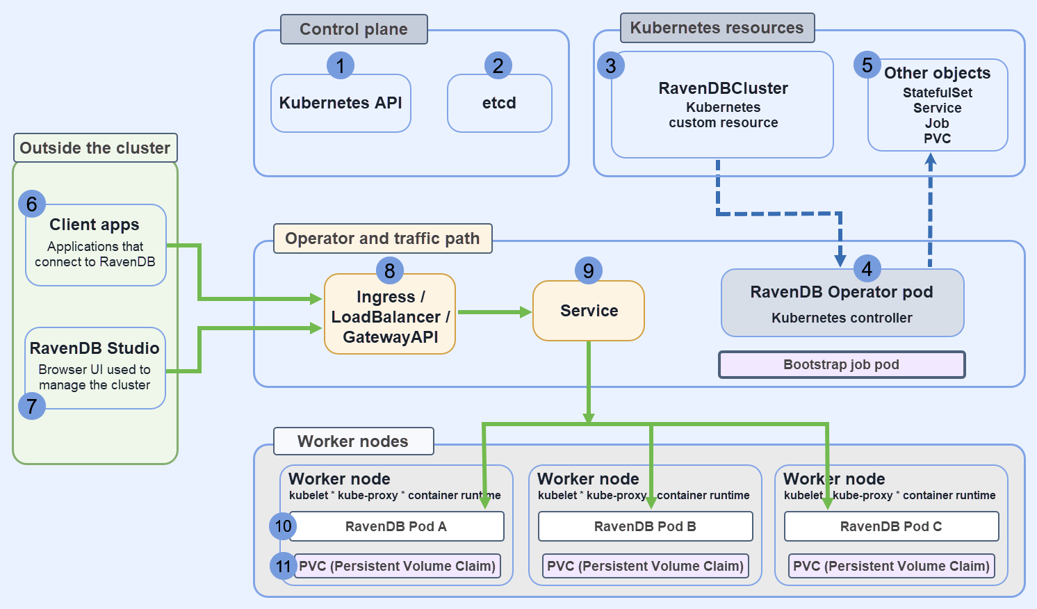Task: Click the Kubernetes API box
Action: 341,104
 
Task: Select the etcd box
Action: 499,104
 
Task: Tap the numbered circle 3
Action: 610,66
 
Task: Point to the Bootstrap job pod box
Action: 841,365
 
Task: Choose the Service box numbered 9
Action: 588,311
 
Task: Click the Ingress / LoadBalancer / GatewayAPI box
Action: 390,316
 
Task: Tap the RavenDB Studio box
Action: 95,367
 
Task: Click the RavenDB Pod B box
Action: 645,526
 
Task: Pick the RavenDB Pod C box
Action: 891,526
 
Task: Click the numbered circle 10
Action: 283,526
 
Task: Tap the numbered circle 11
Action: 283,567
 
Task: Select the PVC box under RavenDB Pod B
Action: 645,566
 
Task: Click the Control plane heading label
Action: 354,29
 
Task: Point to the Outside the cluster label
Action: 95,148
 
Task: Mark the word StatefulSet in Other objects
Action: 937,92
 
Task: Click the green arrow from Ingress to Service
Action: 493,312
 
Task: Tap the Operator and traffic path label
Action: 382,238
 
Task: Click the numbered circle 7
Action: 32,406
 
